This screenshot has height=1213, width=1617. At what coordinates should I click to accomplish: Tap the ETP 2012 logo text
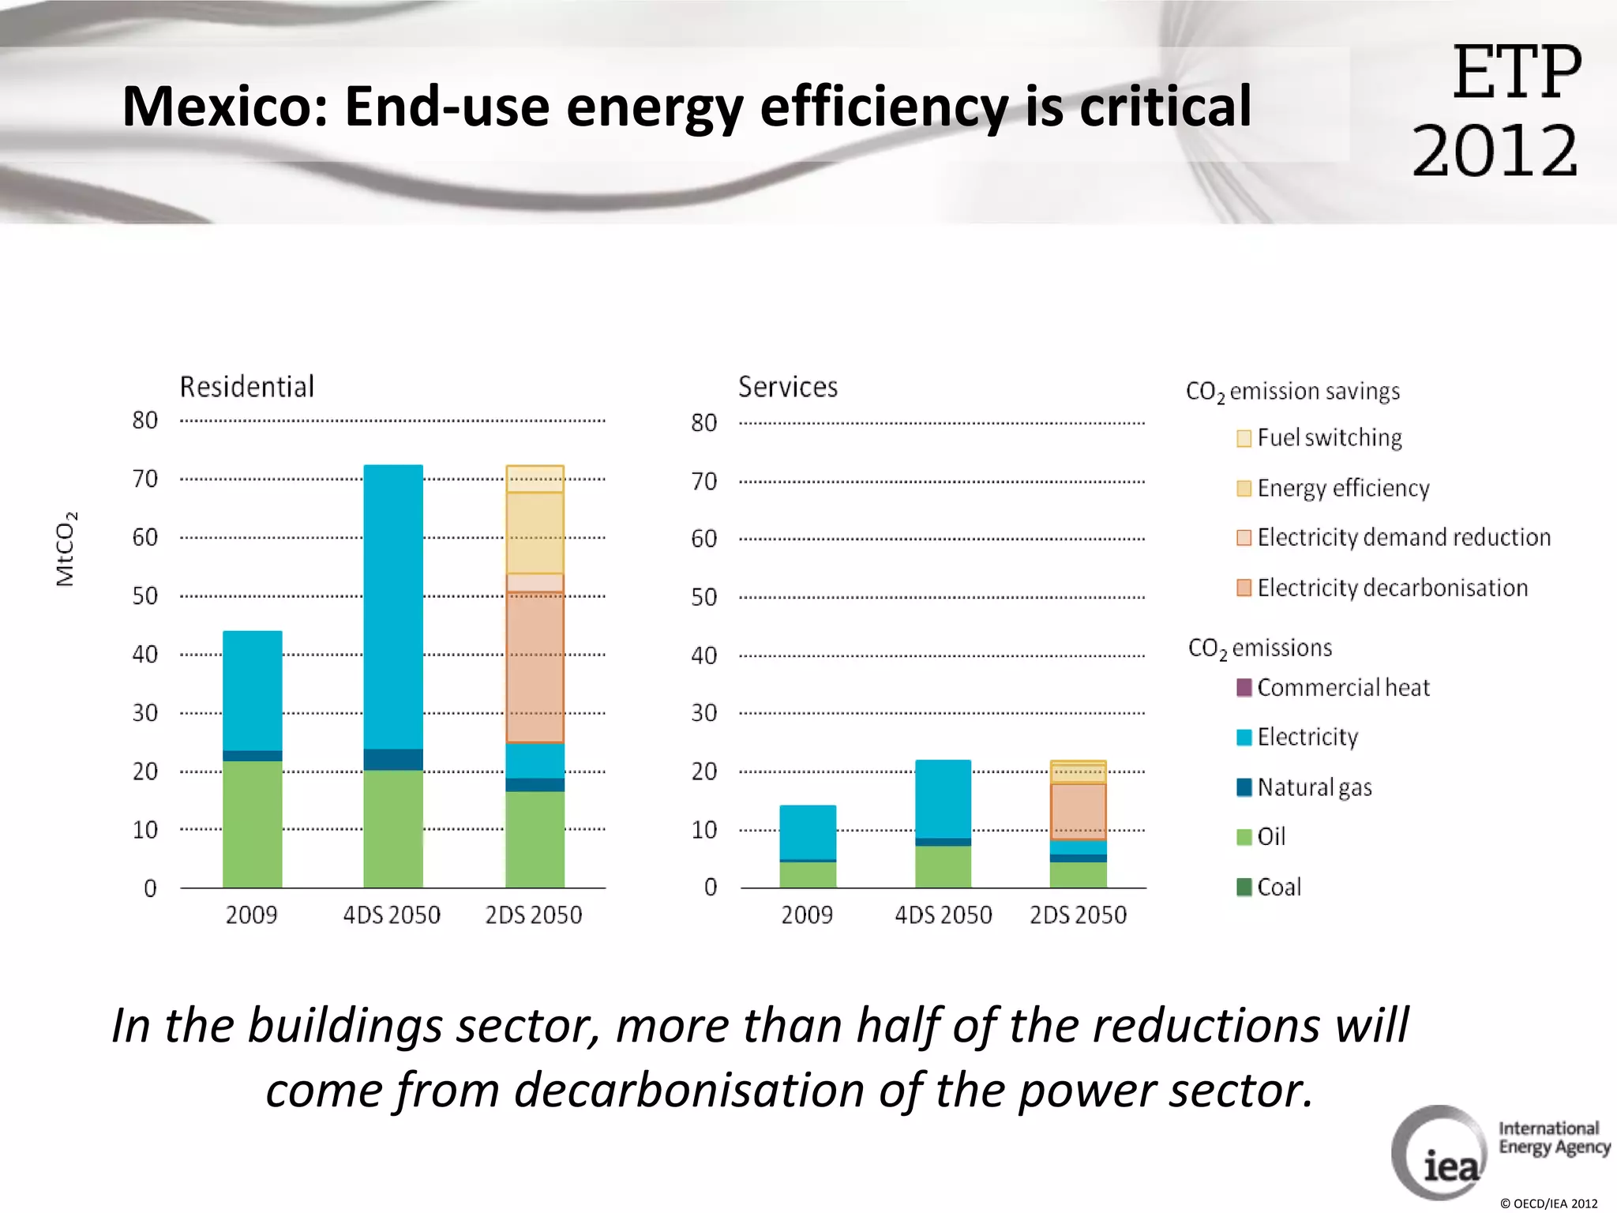[x=1497, y=111]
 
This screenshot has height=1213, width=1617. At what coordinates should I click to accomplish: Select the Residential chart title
[x=247, y=387]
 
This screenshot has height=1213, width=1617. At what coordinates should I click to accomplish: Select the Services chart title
[x=788, y=387]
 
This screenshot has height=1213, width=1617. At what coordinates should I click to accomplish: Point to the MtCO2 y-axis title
[x=66, y=549]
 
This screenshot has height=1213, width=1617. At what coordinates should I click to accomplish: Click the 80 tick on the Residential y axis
[x=145, y=420]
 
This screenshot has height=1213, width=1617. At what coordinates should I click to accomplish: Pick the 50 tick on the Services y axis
[x=704, y=597]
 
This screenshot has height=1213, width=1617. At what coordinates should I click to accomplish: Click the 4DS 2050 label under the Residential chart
[x=392, y=915]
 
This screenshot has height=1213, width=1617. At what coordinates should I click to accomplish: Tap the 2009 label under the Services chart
[x=807, y=915]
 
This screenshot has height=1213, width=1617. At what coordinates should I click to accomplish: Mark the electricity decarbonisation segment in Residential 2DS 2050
[x=535, y=667]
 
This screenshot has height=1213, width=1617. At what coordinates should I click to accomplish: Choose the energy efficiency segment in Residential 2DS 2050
[x=535, y=533]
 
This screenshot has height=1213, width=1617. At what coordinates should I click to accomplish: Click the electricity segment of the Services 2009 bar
[x=808, y=832]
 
